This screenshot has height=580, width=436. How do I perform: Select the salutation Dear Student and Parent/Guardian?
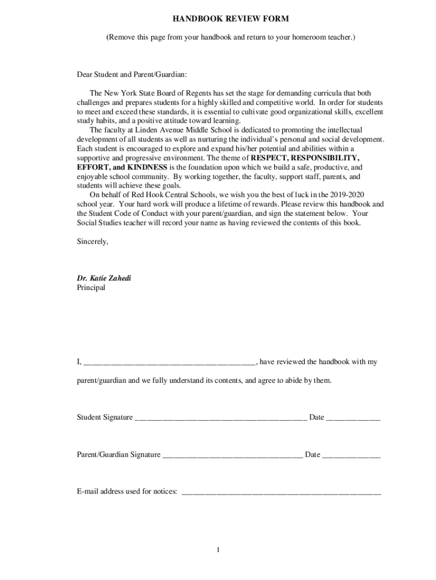(132, 74)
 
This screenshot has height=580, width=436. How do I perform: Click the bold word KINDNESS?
(147, 168)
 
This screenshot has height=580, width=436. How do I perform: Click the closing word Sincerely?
(92, 241)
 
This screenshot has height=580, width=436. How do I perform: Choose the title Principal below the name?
(91, 288)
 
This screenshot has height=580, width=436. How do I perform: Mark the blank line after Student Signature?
(221, 419)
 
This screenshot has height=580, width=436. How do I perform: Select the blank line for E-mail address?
(281, 492)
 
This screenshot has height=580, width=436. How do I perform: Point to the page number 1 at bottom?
(218, 550)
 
